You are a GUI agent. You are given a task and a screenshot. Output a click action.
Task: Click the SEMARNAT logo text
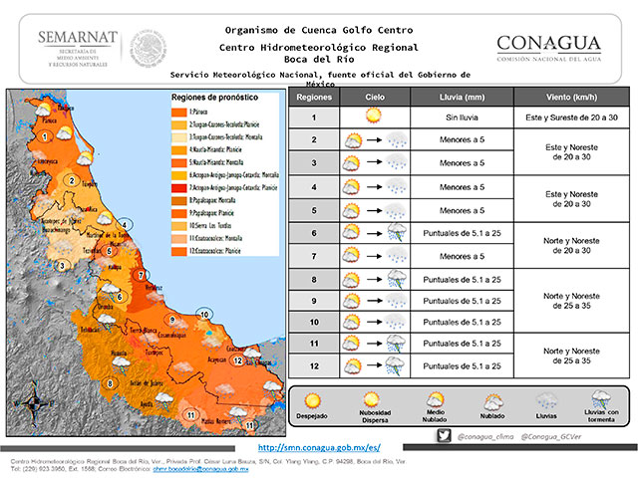click(x=78, y=38)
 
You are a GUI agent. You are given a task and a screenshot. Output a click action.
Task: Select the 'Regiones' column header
click(x=314, y=98)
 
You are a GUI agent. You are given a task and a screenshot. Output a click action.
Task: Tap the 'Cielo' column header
click(x=374, y=98)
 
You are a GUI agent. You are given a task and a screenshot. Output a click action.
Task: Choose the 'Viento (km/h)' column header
click(x=571, y=98)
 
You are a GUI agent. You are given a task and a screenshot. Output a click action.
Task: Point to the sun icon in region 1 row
click(x=374, y=117)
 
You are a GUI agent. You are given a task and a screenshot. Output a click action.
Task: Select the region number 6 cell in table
click(x=314, y=232)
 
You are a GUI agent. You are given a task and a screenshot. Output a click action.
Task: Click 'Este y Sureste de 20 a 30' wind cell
click(x=571, y=118)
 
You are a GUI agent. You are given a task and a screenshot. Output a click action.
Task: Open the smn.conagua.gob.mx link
click(x=319, y=448)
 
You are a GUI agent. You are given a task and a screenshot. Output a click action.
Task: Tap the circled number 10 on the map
click(x=203, y=315)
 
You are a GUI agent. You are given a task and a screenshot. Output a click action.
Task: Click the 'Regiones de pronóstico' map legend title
click(x=213, y=100)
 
